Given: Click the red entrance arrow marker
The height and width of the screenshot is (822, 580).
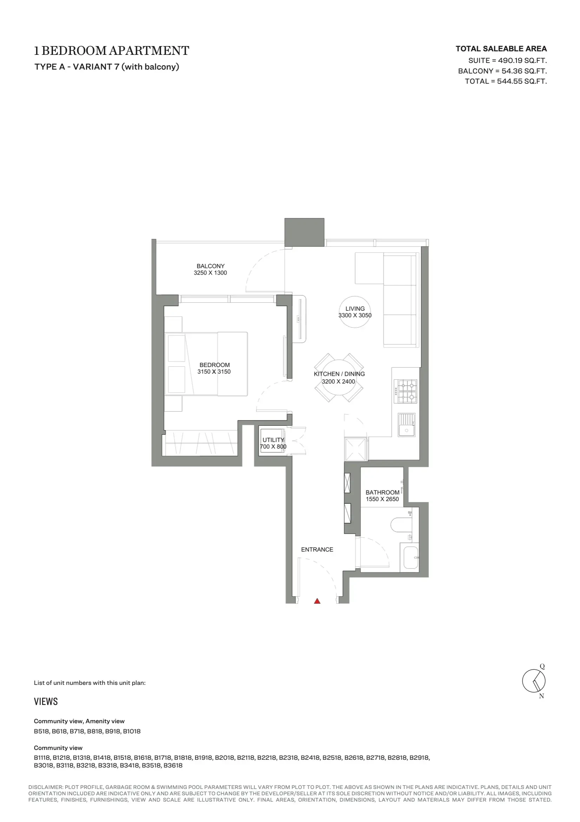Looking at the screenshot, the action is click(317, 601).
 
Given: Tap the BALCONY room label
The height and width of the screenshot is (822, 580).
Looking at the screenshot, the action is click(211, 266).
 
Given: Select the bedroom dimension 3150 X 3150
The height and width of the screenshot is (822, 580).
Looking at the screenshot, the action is click(214, 372).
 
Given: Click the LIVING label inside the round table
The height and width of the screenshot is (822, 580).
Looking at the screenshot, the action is click(355, 309).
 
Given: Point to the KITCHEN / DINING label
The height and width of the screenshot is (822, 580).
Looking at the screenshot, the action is click(340, 374).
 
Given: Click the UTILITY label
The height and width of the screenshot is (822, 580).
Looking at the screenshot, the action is click(273, 440).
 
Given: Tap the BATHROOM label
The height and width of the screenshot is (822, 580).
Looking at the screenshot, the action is click(382, 492).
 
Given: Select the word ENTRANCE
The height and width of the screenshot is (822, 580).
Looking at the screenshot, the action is click(317, 550).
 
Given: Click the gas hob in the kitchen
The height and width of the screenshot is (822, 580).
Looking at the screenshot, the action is click(406, 391).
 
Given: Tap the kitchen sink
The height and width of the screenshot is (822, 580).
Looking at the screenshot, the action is click(407, 425).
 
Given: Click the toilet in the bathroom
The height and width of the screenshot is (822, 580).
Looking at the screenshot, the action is click(401, 525).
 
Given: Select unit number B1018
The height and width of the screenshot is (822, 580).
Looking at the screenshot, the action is click(132, 731).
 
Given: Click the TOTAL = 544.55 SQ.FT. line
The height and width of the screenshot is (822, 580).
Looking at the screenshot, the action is click(506, 81).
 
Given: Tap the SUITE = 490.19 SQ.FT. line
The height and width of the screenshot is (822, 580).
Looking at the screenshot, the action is click(507, 60).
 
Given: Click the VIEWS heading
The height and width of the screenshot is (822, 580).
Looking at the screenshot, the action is click(46, 701).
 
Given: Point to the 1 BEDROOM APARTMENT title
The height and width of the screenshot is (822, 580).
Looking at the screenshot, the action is click(112, 51).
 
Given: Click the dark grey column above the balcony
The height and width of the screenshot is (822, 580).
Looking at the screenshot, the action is click(304, 232).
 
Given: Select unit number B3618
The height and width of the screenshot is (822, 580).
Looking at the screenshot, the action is click(173, 765).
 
